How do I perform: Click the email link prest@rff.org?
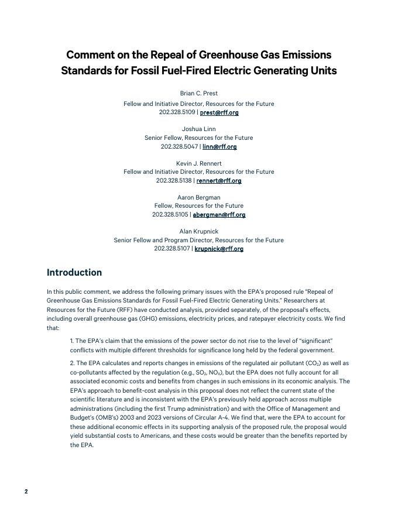219,112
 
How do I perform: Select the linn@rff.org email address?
219,147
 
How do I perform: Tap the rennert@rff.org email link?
219,181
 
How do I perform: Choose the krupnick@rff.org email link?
219,249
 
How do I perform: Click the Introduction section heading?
74,273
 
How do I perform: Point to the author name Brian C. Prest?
198,94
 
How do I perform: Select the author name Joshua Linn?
198,129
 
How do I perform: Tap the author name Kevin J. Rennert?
198,163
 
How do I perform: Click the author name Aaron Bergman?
198,198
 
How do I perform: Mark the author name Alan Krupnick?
198,232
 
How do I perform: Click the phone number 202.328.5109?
177,112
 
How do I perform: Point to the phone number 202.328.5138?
176,181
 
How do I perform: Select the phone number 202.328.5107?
172,249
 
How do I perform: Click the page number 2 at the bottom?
26,492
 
